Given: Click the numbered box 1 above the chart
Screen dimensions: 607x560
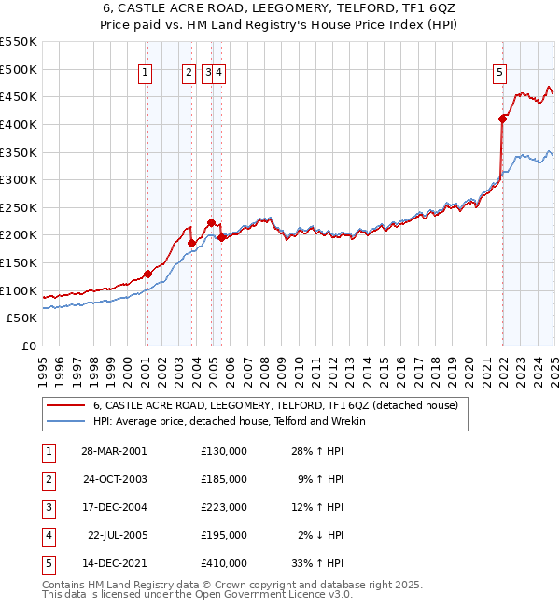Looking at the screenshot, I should (x=147, y=74).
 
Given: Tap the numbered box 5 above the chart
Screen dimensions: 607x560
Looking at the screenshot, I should (x=500, y=74).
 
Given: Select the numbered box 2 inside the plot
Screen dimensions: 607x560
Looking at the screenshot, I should (x=189, y=74).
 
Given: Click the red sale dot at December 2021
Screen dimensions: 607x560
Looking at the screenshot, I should (x=502, y=119).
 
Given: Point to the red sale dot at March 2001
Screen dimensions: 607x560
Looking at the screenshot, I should (x=147, y=274).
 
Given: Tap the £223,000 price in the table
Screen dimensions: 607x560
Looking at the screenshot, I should (x=224, y=507).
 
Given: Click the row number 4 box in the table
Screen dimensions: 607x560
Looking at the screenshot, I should (x=48, y=535).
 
